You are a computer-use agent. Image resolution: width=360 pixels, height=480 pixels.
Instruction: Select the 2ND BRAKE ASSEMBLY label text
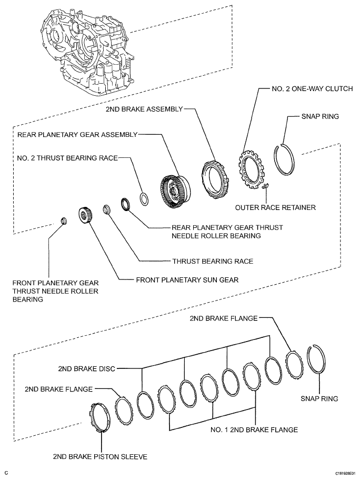(143, 109)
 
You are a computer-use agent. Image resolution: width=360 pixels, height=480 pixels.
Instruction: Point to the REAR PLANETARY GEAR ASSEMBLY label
(77, 134)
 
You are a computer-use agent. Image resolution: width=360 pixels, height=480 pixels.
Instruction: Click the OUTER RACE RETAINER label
(276, 207)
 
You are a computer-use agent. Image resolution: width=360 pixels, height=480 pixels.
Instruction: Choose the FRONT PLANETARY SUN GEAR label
(187, 280)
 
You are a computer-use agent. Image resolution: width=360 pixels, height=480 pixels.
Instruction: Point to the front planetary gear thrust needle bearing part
(63, 220)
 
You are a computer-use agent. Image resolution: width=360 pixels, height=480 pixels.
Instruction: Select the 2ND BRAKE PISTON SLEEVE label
(100, 456)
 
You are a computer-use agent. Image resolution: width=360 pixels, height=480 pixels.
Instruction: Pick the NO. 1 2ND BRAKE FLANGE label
(253, 430)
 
